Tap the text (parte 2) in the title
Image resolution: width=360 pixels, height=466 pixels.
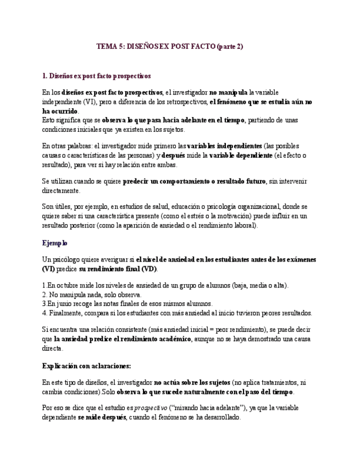click(229, 47)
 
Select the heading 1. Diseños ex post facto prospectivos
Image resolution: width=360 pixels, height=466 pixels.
click(96, 75)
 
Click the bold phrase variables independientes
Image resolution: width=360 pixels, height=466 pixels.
click(225, 146)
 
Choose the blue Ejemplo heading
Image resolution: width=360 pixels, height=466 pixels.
click(54, 242)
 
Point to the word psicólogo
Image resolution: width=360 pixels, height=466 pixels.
click(66, 259)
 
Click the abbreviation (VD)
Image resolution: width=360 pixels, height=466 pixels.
click(148, 269)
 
